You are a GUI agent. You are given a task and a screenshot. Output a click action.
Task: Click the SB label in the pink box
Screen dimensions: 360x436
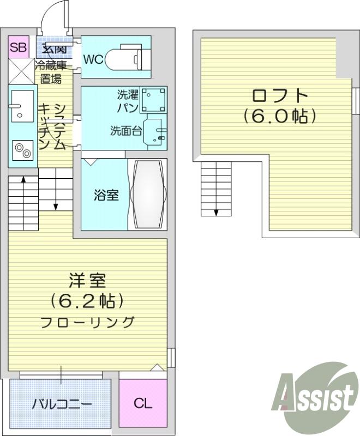[19, 48]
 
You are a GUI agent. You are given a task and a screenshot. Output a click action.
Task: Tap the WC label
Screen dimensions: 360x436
[94, 59]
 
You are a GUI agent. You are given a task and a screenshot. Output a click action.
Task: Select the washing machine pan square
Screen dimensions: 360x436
[154, 100]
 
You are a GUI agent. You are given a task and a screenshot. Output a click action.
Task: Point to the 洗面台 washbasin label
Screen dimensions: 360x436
[126, 131]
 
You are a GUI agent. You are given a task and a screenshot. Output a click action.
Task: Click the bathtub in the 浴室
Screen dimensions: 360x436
[148, 194]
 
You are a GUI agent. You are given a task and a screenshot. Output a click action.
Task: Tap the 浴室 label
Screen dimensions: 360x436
[106, 195]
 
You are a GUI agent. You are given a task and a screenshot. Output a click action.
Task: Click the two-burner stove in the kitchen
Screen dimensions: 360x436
[22, 150]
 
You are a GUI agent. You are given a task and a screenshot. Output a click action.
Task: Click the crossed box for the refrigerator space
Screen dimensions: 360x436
[22, 71]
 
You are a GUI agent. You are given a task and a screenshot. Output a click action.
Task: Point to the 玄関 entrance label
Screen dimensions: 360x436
[55, 49]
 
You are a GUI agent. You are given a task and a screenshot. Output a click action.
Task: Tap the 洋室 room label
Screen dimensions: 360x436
[87, 280]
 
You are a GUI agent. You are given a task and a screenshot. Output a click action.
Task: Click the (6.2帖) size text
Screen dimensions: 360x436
[87, 301]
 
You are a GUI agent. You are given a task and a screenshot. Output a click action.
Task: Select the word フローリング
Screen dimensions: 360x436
[87, 322]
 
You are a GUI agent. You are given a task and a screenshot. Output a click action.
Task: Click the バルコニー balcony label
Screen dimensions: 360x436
[62, 404]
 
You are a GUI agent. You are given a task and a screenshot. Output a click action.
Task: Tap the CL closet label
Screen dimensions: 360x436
[143, 403]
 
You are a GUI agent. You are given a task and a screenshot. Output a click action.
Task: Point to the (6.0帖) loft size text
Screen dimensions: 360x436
[280, 117]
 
